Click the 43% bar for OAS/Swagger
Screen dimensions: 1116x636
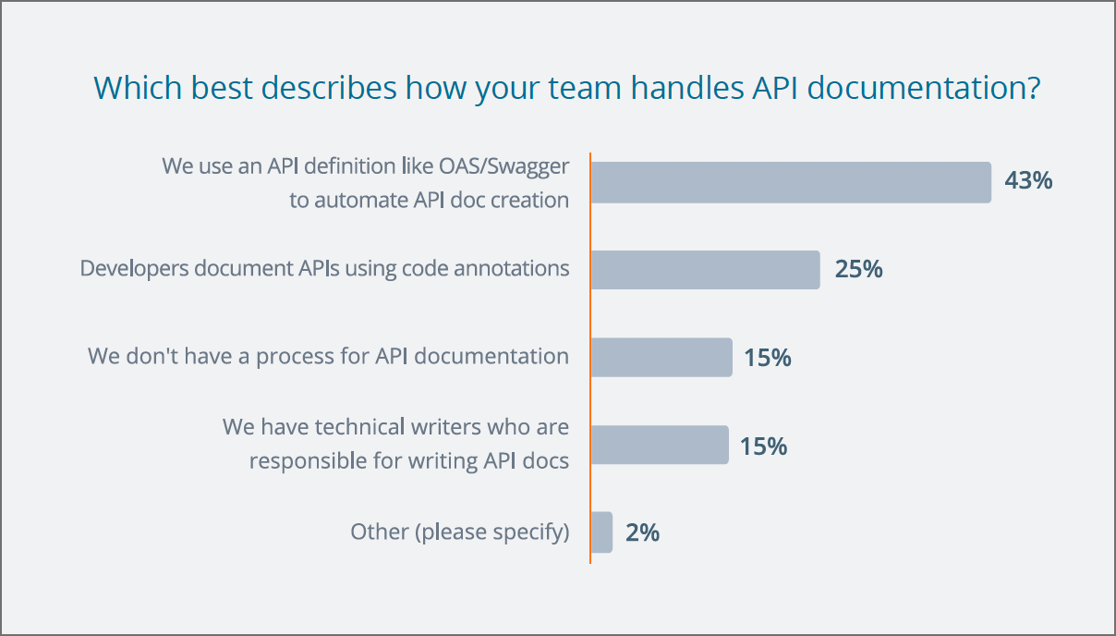[x=791, y=182]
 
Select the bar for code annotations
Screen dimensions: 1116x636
[x=706, y=270]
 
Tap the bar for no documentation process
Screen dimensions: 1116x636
[x=661, y=358]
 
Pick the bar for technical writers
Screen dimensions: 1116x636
[x=660, y=445]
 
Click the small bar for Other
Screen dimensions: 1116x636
[x=601, y=532]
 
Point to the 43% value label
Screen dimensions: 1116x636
[x=1028, y=180]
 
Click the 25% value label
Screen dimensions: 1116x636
[x=859, y=269]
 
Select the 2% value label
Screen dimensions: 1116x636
[x=643, y=532]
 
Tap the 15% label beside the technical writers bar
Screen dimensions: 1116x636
[x=763, y=446]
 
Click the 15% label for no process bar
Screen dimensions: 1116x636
[x=768, y=358]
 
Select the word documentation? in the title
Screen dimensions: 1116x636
[x=924, y=88]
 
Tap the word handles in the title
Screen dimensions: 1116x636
[x=687, y=88]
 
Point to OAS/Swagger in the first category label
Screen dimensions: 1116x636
[x=503, y=167]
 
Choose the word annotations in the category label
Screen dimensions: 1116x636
[x=512, y=268]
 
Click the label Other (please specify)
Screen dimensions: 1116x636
[x=460, y=532]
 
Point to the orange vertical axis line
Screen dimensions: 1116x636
[x=590, y=358]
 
